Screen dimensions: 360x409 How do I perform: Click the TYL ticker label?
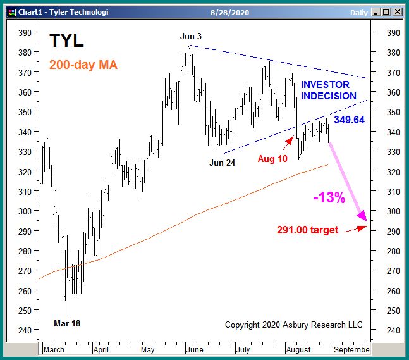66,41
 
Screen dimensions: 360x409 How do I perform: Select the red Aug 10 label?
273,158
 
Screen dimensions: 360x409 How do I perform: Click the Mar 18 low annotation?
66,323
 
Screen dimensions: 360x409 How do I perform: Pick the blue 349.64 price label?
349,120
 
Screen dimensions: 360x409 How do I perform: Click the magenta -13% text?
329,197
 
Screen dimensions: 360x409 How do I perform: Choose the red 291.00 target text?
307,230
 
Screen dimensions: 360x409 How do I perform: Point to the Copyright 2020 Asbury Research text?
294,325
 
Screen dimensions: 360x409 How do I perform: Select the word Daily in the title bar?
358,11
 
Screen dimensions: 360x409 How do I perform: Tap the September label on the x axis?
351,349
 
